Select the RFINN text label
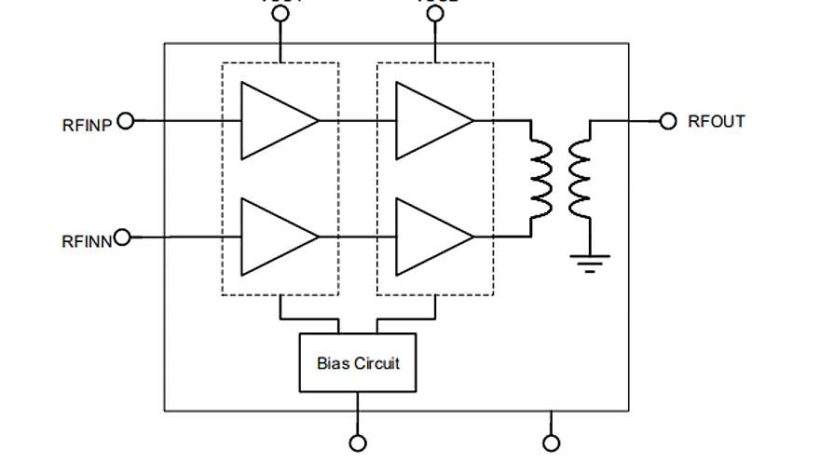click(87, 240)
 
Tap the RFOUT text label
click(716, 121)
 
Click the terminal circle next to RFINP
click(127, 120)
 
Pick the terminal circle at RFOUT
click(667, 121)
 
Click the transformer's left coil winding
click(541, 176)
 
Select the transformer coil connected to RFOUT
click(580, 176)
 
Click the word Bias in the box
click(334, 363)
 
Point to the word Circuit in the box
click(376, 363)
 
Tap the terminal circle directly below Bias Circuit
click(357, 443)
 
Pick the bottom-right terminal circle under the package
click(552, 443)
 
